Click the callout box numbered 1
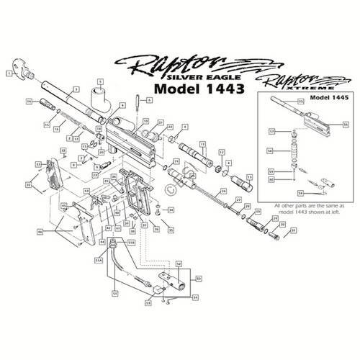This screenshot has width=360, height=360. tap(9, 73)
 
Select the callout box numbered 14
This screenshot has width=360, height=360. tap(29, 102)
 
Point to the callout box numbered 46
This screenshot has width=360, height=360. tap(40, 232)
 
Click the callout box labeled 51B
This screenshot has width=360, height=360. tap(131, 243)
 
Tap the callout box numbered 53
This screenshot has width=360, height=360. tap(148, 303)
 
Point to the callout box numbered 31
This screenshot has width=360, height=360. tap(293, 230)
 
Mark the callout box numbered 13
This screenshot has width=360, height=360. tap(249, 176)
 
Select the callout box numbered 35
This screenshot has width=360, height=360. tap(171, 230)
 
